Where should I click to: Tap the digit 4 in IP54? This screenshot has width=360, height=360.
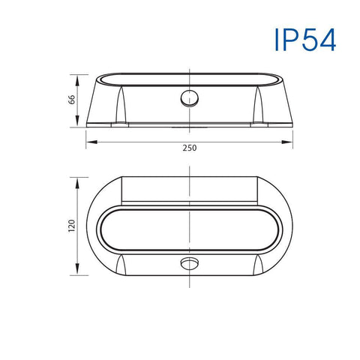(327, 40)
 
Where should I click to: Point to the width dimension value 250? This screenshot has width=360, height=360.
(190, 148)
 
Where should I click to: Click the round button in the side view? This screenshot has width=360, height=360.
(187, 98)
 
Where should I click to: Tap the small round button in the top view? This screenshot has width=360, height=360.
(187, 264)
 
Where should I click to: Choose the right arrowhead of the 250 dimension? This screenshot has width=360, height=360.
(291, 141)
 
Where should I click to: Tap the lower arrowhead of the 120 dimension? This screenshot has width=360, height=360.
(76, 275)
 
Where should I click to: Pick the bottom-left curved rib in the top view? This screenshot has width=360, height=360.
(121, 265)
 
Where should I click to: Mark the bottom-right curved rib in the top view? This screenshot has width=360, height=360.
(259, 265)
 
